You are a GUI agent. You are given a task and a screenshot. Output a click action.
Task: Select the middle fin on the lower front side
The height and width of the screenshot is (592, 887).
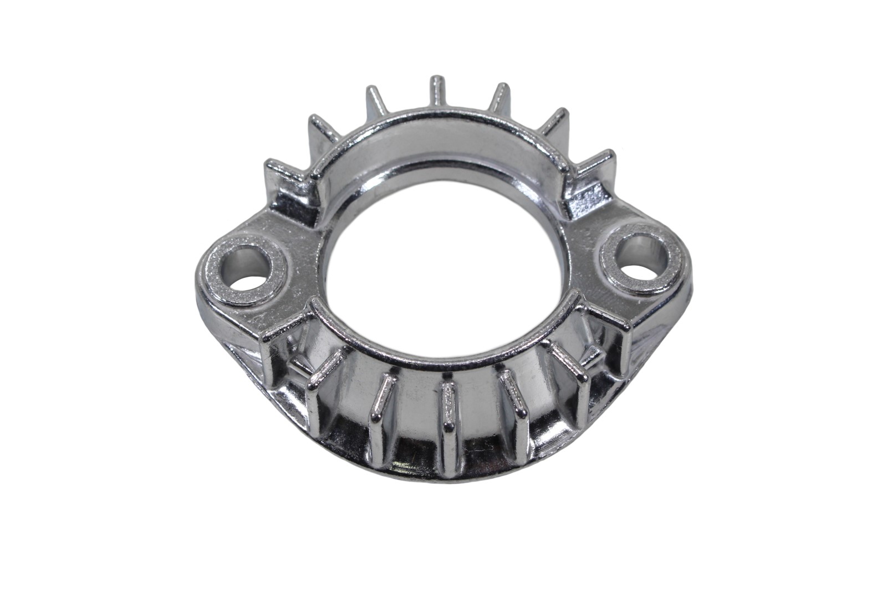pyautogui.click(x=447, y=408)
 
